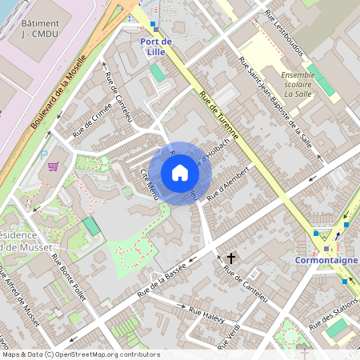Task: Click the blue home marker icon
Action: (180, 173)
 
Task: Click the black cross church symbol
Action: (232, 258)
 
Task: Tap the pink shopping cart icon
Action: (54, 166)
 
